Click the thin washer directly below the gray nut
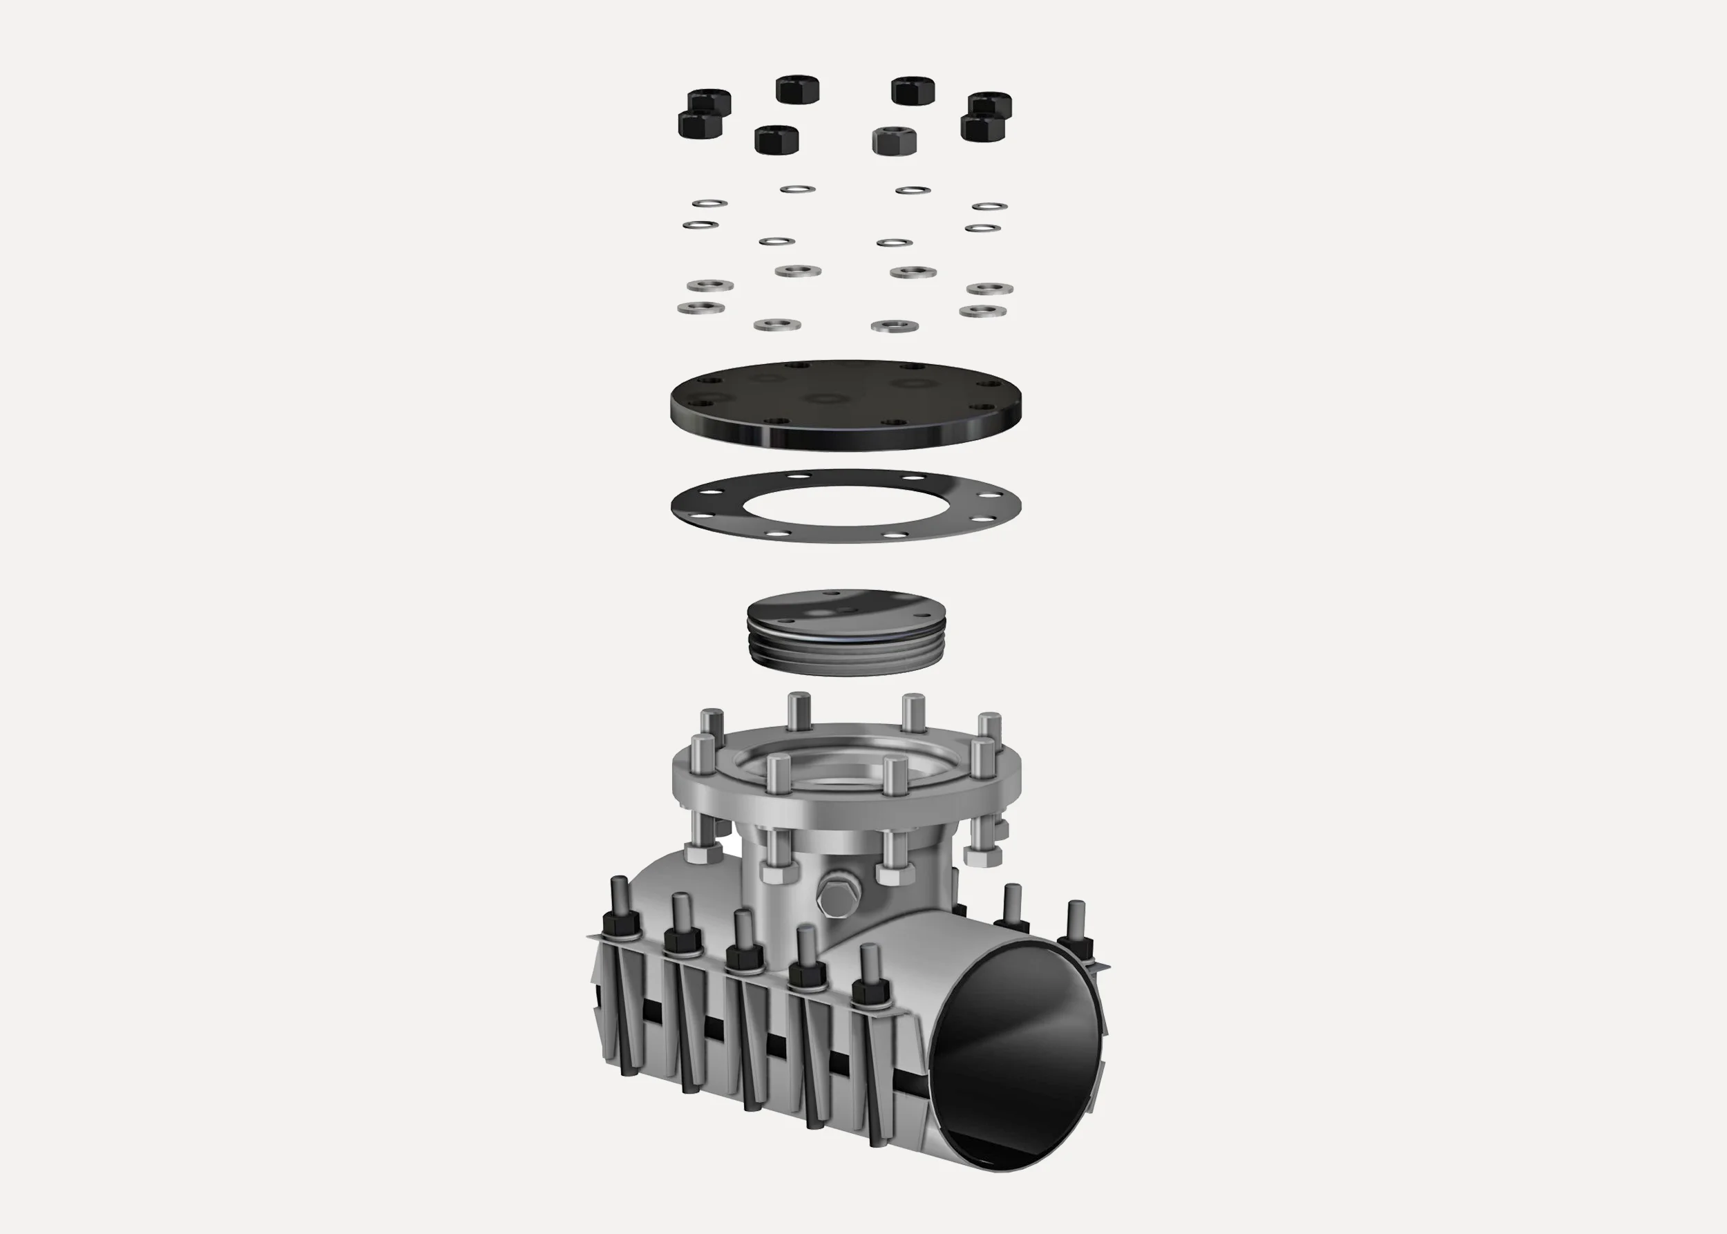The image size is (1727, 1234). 895,243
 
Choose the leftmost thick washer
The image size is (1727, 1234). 700,308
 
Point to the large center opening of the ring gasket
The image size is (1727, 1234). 845,505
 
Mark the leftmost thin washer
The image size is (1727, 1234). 700,225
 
